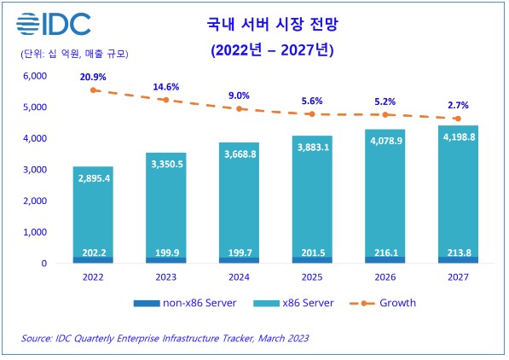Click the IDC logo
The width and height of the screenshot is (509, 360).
coord(54,24)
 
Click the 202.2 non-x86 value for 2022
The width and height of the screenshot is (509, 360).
coord(94,253)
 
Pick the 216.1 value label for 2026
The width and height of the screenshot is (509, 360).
coord(389,253)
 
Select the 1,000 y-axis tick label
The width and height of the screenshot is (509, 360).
coord(38,232)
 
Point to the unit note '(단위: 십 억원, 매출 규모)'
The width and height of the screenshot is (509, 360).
coord(74,54)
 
